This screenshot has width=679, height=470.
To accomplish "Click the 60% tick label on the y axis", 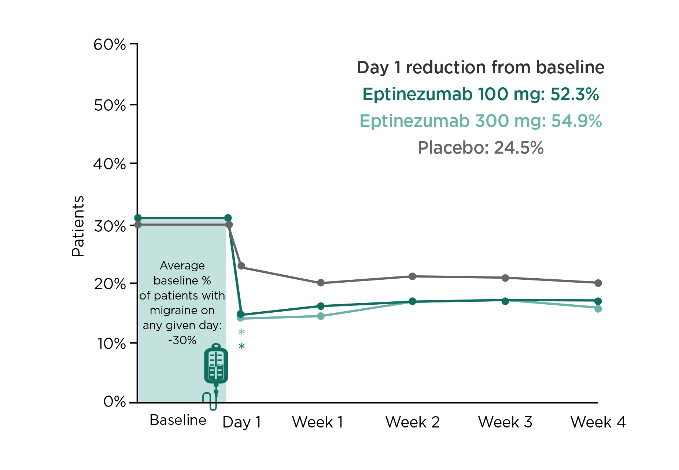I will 110,45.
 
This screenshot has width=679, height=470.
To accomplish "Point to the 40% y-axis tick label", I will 110,164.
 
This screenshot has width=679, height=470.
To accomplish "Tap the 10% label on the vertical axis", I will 111,344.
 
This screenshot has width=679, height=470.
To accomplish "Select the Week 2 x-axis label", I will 412,422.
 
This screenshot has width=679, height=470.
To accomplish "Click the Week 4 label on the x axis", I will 598,422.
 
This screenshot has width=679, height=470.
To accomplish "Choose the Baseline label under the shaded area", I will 178,420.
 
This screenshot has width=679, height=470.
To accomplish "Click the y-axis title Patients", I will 78,226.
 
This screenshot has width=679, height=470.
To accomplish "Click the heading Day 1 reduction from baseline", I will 480,68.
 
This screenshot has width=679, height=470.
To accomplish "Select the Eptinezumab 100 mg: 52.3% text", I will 480,95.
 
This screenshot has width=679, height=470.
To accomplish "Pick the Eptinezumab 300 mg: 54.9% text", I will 480,121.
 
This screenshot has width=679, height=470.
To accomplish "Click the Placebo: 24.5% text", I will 480,148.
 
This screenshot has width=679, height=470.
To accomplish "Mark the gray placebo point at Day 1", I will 241,266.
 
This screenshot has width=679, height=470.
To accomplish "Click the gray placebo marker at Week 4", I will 598,283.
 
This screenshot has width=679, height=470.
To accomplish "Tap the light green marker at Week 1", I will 321,316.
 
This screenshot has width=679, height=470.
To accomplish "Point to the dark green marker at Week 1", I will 321,306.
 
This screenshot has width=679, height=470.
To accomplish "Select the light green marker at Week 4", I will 598,309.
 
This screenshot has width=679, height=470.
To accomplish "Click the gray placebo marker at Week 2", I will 412,276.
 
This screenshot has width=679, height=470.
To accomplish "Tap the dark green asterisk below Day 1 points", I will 241,346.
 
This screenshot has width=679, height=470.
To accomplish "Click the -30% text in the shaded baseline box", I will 182,341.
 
